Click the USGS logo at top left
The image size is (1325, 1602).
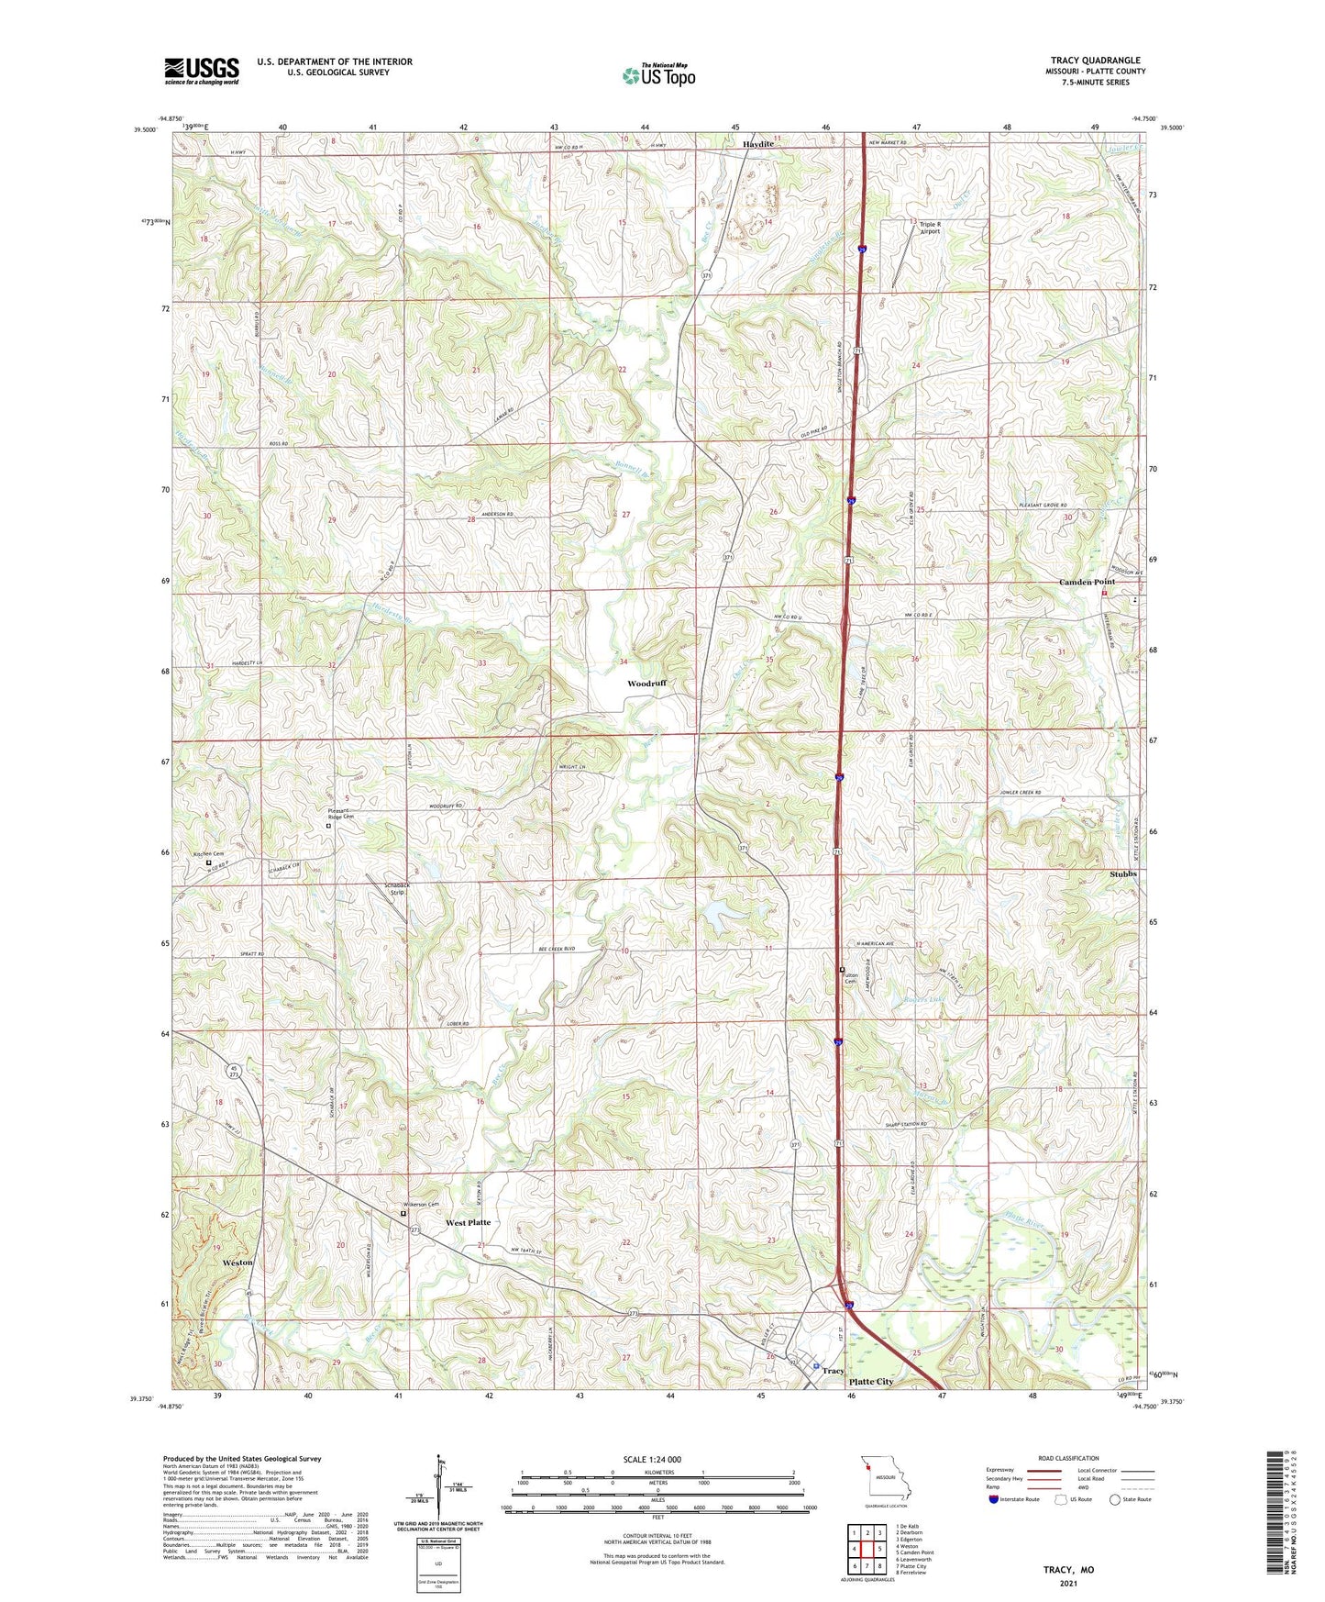click(x=202, y=71)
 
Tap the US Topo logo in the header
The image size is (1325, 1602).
click(x=659, y=75)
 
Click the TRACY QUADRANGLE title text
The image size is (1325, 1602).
click(x=1095, y=61)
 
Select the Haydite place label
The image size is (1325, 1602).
click(x=757, y=144)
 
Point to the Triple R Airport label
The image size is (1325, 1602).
click(x=930, y=228)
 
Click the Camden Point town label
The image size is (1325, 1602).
click(x=1087, y=582)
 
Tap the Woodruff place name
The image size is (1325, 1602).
click(x=646, y=684)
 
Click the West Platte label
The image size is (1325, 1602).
click(x=468, y=1222)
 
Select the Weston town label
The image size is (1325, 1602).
click(x=237, y=1263)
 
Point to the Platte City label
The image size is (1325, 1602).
click(x=870, y=1381)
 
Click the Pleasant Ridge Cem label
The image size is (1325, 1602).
click(x=341, y=814)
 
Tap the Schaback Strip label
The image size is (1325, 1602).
click(x=396, y=888)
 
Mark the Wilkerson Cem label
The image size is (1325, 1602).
click(x=421, y=1204)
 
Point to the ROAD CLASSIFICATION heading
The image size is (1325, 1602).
click(x=1068, y=1458)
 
